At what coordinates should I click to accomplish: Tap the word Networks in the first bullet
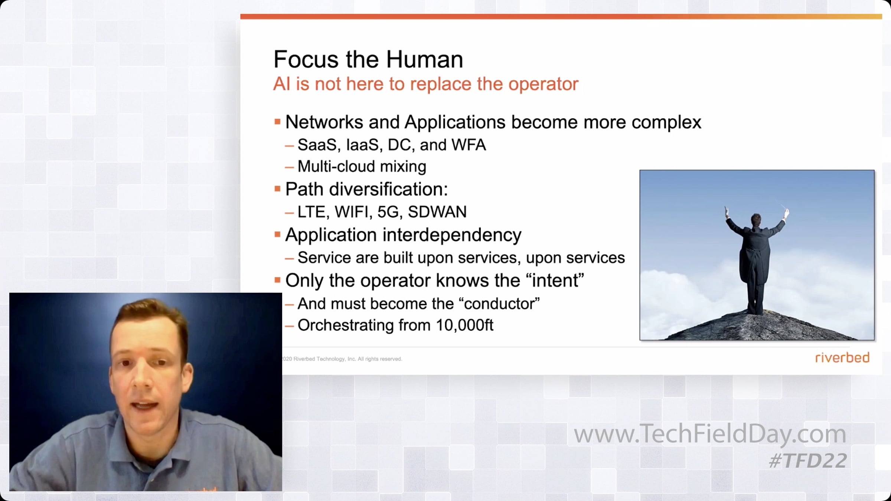pos(324,122)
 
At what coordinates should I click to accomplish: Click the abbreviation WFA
pos(469,145)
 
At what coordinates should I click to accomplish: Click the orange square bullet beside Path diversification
pos(277,189)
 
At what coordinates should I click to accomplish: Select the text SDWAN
pos(437,212)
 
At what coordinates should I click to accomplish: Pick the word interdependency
pos(452,235)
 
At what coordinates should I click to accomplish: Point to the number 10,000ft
pos(464,325)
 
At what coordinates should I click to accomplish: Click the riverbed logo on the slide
pos(842,358)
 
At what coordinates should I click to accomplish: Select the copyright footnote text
pos(342,359)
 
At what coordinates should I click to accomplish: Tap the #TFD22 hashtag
pos(808,461)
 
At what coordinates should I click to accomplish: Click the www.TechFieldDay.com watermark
pos(710,434)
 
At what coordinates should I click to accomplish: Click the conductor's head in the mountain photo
pos(756,220)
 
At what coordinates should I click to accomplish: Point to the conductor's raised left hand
pos(727,212)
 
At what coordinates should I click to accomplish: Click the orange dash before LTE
pos(289,213)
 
